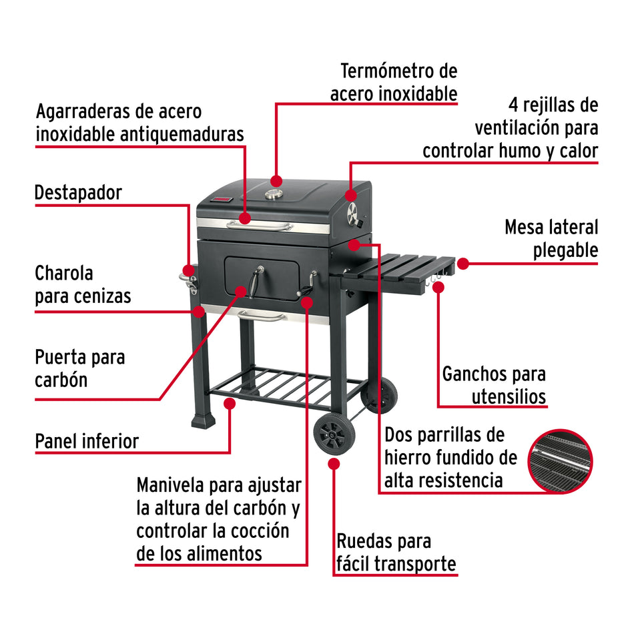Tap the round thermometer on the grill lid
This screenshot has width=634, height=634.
click(x=274, y=194)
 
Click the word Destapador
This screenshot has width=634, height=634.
click(x=78, y=194)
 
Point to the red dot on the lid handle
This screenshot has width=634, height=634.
click(x=245, y=218)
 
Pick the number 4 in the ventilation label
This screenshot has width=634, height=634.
click(x=514, y=105)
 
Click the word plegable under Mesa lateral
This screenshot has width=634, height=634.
click(x=565, y=250)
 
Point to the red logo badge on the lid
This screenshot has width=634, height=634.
click(x=223, y=200)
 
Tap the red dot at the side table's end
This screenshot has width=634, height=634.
click(x=462, y=263)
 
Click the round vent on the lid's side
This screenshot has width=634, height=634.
click(x=353, y=214)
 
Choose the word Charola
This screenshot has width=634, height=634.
click(x=64, y=273)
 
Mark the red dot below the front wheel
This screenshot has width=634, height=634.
click(x=332, y=462)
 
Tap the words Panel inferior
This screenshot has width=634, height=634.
click(x=87, y=441)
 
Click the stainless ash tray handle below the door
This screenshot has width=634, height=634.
click(x=262, y=316)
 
